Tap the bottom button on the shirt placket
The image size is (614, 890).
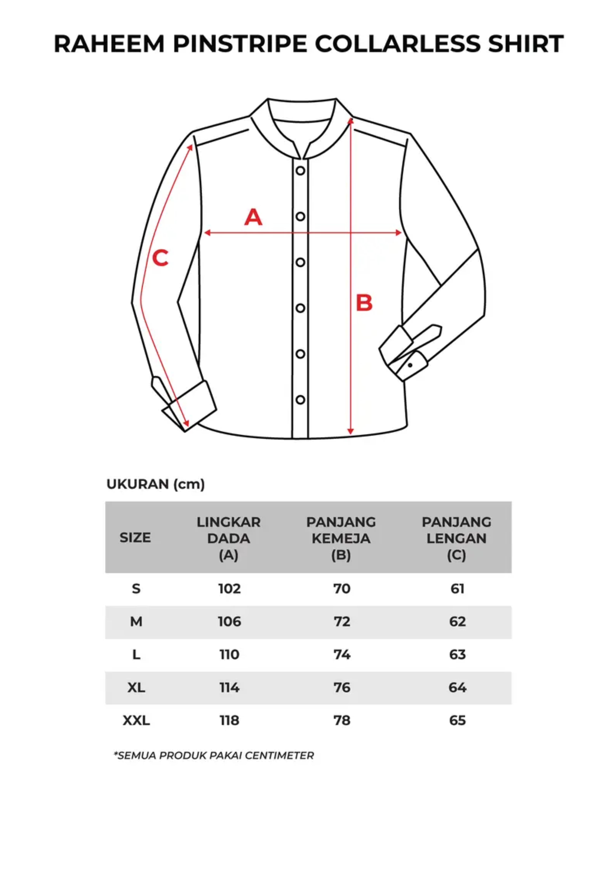tap(300, 400)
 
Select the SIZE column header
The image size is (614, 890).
tap(135, 538)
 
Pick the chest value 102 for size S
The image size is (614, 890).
tap(229, 588)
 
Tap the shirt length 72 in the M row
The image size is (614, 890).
tap(342, 622)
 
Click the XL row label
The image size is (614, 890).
tap(136, 687)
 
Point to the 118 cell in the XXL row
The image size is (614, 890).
tap(229, 720)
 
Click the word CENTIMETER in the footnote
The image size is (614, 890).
tap(279, 755)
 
